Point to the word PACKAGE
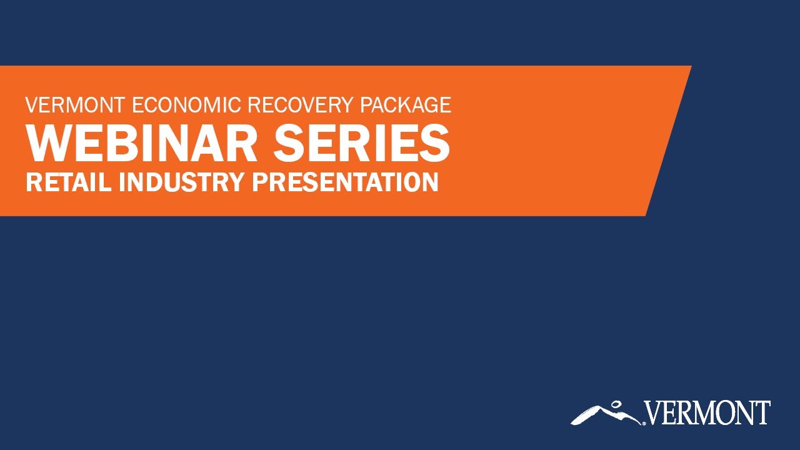tap(406, 104)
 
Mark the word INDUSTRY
tap(181, 182)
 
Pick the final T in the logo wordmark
tap(763, 413)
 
